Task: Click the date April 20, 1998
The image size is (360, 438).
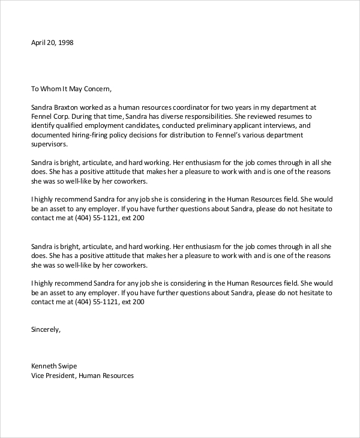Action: pyautogui.click(x=52, y=43)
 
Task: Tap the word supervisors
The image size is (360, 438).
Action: pyautogui.click(x=49, y=145)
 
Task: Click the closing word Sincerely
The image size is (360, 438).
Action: pyautogui.click(x=46, y=329)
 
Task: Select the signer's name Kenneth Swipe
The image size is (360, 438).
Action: pyautogui.click(x=54, y=365)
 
